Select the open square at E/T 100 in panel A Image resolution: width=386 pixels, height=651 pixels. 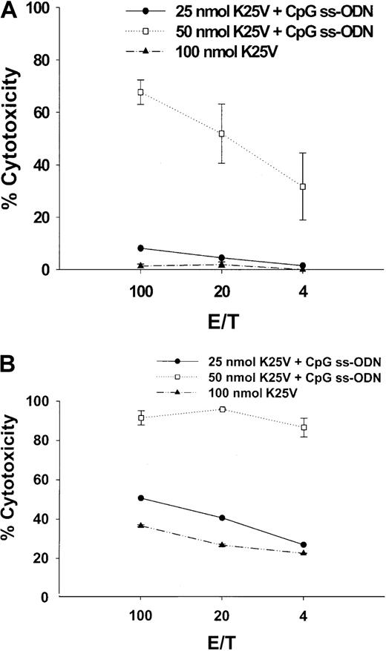pyautogui.click(x=140, y=92)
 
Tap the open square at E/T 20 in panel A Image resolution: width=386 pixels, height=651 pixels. pyautogui.click(x=222, y=133)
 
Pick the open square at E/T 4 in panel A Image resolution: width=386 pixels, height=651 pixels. pyautogui.click(x=303, y=187)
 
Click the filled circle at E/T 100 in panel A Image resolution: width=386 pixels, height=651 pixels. pyautogui.click(x=140, y=248)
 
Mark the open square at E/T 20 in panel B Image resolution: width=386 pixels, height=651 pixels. pyautogui.click(x=222, y=409)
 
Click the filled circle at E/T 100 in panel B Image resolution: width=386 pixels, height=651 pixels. pyautogui.click(x=140, y=498)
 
